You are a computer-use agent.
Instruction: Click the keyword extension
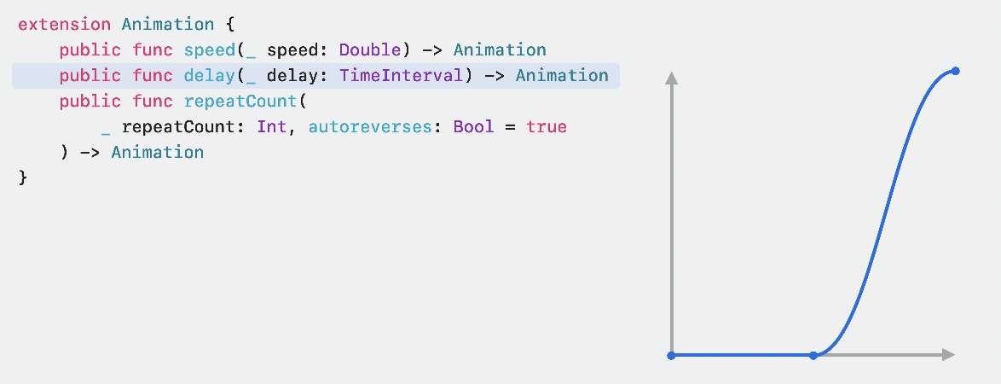pyautogui.click(x=64, y=24)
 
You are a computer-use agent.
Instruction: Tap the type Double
pyautogui.click(x=369, y=49)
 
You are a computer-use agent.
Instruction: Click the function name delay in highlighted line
pyautogui.click(x=209, y=75)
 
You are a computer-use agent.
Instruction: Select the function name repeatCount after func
pyautogui.click(x=240, y=102)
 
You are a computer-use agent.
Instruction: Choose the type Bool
pyautogui.click(x=473, y=127)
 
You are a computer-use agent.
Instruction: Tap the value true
pyautogui.click(x=546, y=127)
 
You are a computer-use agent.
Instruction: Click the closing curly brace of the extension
pyautogui.click(x=23, y=178)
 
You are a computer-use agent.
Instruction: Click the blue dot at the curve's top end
pyautogui.click(x=955, y=71)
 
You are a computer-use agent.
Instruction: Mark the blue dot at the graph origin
pyautogui.click(x=672, y=355)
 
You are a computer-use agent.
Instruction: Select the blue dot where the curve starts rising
pyautogui.click(x=813, y=355)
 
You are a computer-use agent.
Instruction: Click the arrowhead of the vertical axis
pyautogui.click(x=672, y=79)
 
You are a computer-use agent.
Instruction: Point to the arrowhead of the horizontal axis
pyautogui.click(x=948, y=355)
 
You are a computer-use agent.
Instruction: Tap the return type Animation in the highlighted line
pyautogui.click(x=562, y=75)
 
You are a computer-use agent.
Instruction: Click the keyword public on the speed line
pyautogui.click(x=90, y=49)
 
